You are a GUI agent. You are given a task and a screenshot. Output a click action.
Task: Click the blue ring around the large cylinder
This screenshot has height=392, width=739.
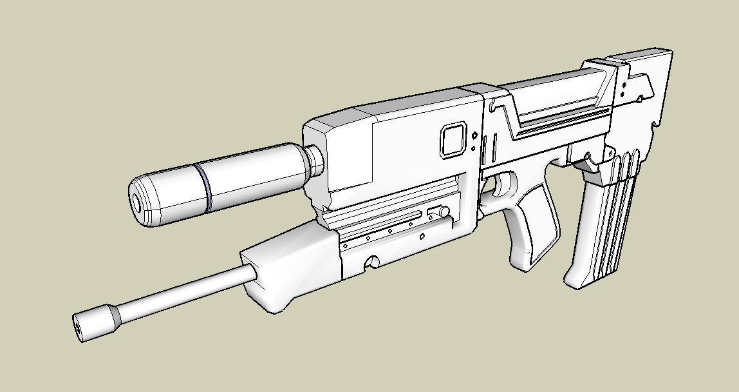[205, 188]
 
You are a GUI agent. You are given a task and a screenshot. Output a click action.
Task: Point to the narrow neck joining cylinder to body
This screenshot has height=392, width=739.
[314, 162]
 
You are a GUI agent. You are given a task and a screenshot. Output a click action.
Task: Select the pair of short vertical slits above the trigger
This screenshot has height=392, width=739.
[492, 148]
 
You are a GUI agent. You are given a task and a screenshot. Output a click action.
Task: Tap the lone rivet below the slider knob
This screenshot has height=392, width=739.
[422, 237]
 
